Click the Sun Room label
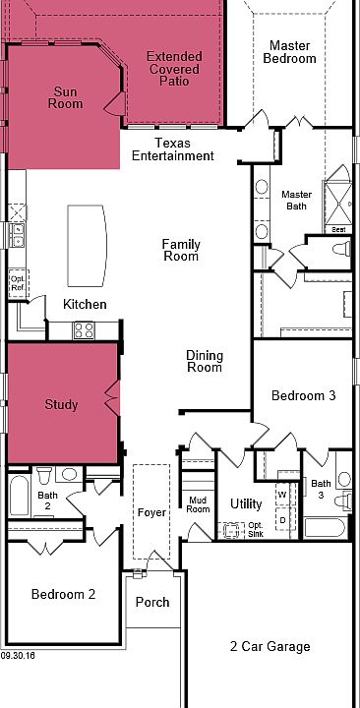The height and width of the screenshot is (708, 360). [66, 98]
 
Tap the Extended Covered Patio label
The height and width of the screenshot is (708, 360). [174, 69]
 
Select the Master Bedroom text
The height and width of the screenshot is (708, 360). [289, 52]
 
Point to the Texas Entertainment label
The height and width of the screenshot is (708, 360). [173, 149]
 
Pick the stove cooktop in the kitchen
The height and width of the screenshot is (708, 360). [84, 330]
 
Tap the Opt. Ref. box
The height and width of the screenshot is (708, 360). [19, 283]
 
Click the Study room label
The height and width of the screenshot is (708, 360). [61, 404]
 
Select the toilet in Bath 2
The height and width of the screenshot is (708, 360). [44, 475]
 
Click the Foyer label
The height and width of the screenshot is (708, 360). [151, 513]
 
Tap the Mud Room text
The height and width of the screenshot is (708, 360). [199, 504]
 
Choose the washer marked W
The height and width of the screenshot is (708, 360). [282, 494]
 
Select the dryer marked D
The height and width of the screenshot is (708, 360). [282, 519]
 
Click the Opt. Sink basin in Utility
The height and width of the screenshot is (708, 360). [231, 530]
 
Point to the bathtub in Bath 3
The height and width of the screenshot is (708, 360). [325, 527]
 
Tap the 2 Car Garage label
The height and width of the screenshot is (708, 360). [270, 647]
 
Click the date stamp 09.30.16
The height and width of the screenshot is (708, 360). [18, 655]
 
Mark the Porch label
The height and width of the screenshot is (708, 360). [152, 603]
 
